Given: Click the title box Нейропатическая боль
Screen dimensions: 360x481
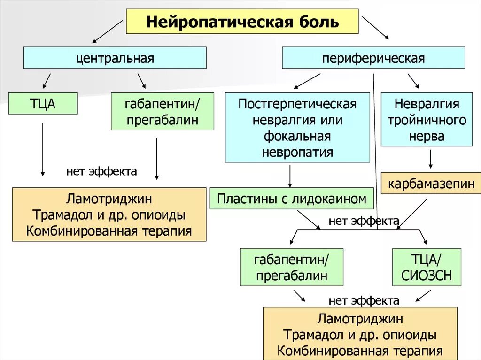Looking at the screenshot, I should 242,22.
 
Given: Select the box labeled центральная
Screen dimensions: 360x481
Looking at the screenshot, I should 115,58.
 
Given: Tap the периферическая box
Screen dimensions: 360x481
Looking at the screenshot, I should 373,58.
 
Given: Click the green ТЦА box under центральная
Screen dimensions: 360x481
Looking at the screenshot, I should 43,103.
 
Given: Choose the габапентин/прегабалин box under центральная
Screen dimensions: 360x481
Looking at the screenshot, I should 162,111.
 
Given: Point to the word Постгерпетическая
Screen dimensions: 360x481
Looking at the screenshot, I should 297,104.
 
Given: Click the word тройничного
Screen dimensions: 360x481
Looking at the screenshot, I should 427,120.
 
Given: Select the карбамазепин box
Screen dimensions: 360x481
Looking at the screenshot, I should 431,184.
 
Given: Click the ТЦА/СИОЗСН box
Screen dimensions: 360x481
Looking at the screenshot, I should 427,267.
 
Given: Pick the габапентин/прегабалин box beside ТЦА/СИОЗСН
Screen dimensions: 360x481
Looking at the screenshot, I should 291,267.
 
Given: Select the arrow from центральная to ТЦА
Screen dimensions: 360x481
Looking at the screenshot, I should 47,80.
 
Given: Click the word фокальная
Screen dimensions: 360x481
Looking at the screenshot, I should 297,136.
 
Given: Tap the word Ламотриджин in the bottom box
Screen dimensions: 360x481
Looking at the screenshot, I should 360,319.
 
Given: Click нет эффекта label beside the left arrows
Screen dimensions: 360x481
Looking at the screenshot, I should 101,171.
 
